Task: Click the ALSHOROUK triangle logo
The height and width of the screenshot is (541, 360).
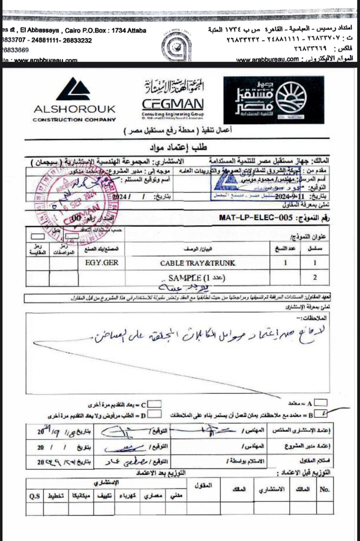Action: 74,89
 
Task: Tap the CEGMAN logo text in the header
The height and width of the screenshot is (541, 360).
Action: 173,104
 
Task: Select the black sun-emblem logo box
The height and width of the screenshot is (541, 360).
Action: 273,100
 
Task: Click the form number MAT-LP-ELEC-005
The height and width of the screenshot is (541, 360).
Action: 256,217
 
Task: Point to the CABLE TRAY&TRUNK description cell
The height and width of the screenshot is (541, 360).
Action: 198,263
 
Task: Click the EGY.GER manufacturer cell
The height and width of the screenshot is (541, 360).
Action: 102,263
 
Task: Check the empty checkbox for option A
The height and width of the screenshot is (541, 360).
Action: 320,403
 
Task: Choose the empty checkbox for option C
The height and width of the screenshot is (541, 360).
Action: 155,404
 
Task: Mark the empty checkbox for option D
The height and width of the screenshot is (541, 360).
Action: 154,414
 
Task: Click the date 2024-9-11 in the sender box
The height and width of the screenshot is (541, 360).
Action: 287,196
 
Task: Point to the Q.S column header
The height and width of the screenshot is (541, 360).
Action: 35,496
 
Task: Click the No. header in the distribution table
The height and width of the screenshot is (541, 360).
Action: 324,489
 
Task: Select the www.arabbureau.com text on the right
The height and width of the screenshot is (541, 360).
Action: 267,60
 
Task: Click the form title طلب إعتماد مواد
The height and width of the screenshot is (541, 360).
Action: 178,147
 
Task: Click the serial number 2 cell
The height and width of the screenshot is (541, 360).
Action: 315,278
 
